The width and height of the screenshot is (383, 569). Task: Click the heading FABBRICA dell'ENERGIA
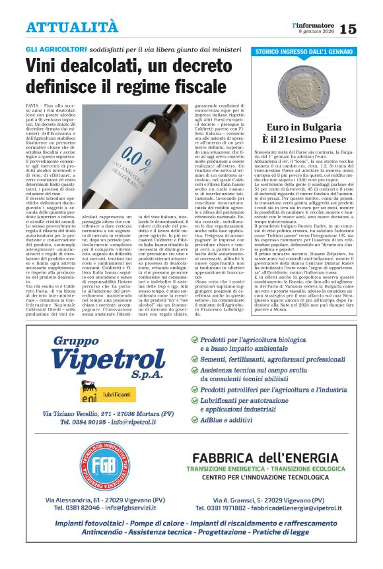[x=267, y=458]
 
